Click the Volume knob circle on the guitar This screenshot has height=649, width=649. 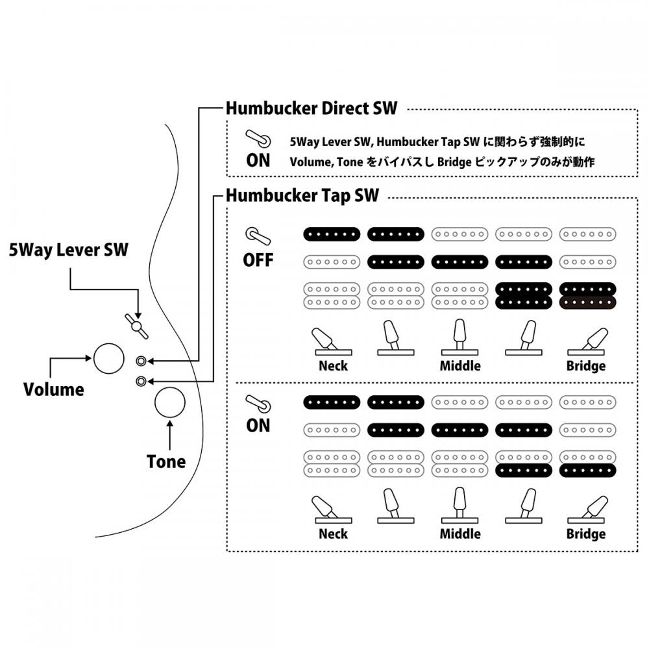109,358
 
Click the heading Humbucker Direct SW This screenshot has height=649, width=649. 312,108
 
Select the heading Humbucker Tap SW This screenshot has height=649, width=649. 302,195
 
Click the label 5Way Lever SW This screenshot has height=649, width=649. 69,250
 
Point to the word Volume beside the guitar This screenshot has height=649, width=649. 54,389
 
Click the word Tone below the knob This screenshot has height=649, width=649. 166,461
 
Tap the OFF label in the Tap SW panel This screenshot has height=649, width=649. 258,260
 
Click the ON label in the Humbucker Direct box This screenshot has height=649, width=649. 258,160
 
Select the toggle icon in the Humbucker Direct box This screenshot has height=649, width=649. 256,138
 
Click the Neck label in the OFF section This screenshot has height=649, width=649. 333,365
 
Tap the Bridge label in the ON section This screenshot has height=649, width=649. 586,533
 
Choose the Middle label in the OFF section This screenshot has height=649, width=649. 460,365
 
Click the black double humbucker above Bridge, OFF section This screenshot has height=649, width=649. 587,295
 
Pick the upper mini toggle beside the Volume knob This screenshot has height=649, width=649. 141,361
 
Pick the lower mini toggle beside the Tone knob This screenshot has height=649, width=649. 141,381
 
